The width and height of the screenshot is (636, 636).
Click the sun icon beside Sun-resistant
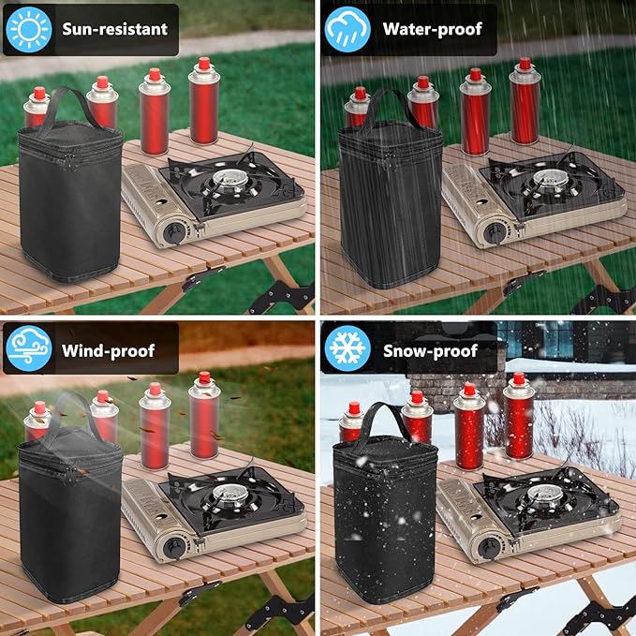point(29,29)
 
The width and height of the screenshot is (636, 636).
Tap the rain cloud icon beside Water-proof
point(348,29)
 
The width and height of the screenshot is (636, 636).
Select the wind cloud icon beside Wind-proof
point(29,348)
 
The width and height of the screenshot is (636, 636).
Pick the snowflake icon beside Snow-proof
point(348,348)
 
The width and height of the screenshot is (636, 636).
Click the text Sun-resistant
point(115,29)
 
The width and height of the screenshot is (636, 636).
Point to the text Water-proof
point(433,29)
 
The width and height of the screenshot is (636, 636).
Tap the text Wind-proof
point(109,351)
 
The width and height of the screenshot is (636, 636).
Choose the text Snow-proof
point(430,351)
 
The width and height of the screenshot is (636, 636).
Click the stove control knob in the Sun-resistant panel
point(175,232)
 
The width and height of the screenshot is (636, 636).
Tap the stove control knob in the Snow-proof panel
point(489,548)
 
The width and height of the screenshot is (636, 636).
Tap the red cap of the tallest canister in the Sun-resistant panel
point(204,64)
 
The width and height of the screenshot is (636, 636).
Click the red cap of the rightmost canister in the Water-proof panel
point(525,64)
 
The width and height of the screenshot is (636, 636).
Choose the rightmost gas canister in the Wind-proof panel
point(204,415)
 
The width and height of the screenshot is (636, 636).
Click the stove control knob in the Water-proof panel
point(495,233)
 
